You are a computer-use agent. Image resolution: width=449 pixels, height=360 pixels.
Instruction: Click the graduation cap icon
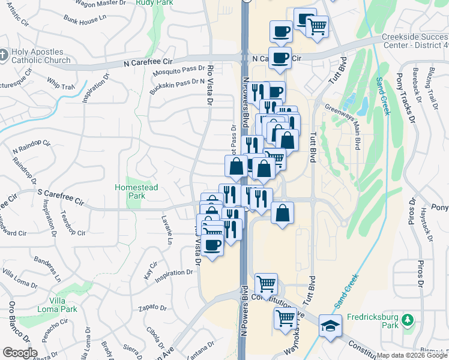(330, 325)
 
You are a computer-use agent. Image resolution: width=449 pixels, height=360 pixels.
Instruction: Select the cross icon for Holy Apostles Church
(5, 55)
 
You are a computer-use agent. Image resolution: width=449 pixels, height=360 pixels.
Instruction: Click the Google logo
(19, 353)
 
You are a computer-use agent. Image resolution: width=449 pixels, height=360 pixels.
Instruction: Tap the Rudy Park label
(146, 3)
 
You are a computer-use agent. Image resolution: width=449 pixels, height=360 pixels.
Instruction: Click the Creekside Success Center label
(415, 41)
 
